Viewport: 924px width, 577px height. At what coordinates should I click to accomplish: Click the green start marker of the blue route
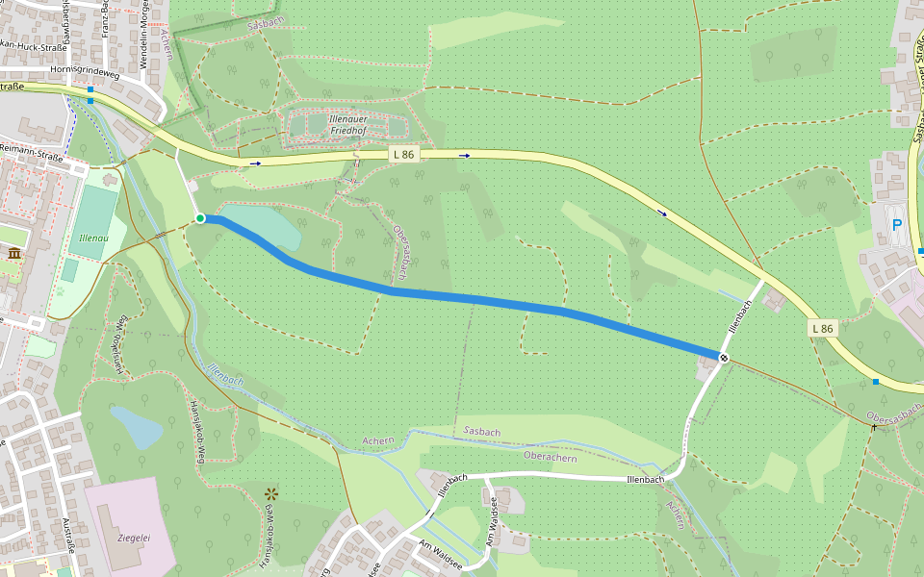click(x=200, y=219)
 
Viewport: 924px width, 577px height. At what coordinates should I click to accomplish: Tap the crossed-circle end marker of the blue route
click(x=724, y=358)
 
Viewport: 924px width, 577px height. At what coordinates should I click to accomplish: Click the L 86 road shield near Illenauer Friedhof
click(x=404, y=154)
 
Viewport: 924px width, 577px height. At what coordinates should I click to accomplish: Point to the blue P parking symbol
click(x=897, y=226)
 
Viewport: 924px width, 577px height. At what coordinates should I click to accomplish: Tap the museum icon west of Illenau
click(x=15, y=253)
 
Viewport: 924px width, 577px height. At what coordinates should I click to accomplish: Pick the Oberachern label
click(x=550, y=456)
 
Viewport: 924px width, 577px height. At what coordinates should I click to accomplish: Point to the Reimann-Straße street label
click(x=31, y=148)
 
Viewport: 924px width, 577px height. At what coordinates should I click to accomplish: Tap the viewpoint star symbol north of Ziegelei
click(x=270, y=494)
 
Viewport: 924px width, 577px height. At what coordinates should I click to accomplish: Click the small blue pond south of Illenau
click(x=136, y=427)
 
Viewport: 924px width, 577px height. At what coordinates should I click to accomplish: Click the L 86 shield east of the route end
click(x=822, y=328)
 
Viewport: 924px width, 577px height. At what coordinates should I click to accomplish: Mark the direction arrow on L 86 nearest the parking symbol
click(x=662, y=212)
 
